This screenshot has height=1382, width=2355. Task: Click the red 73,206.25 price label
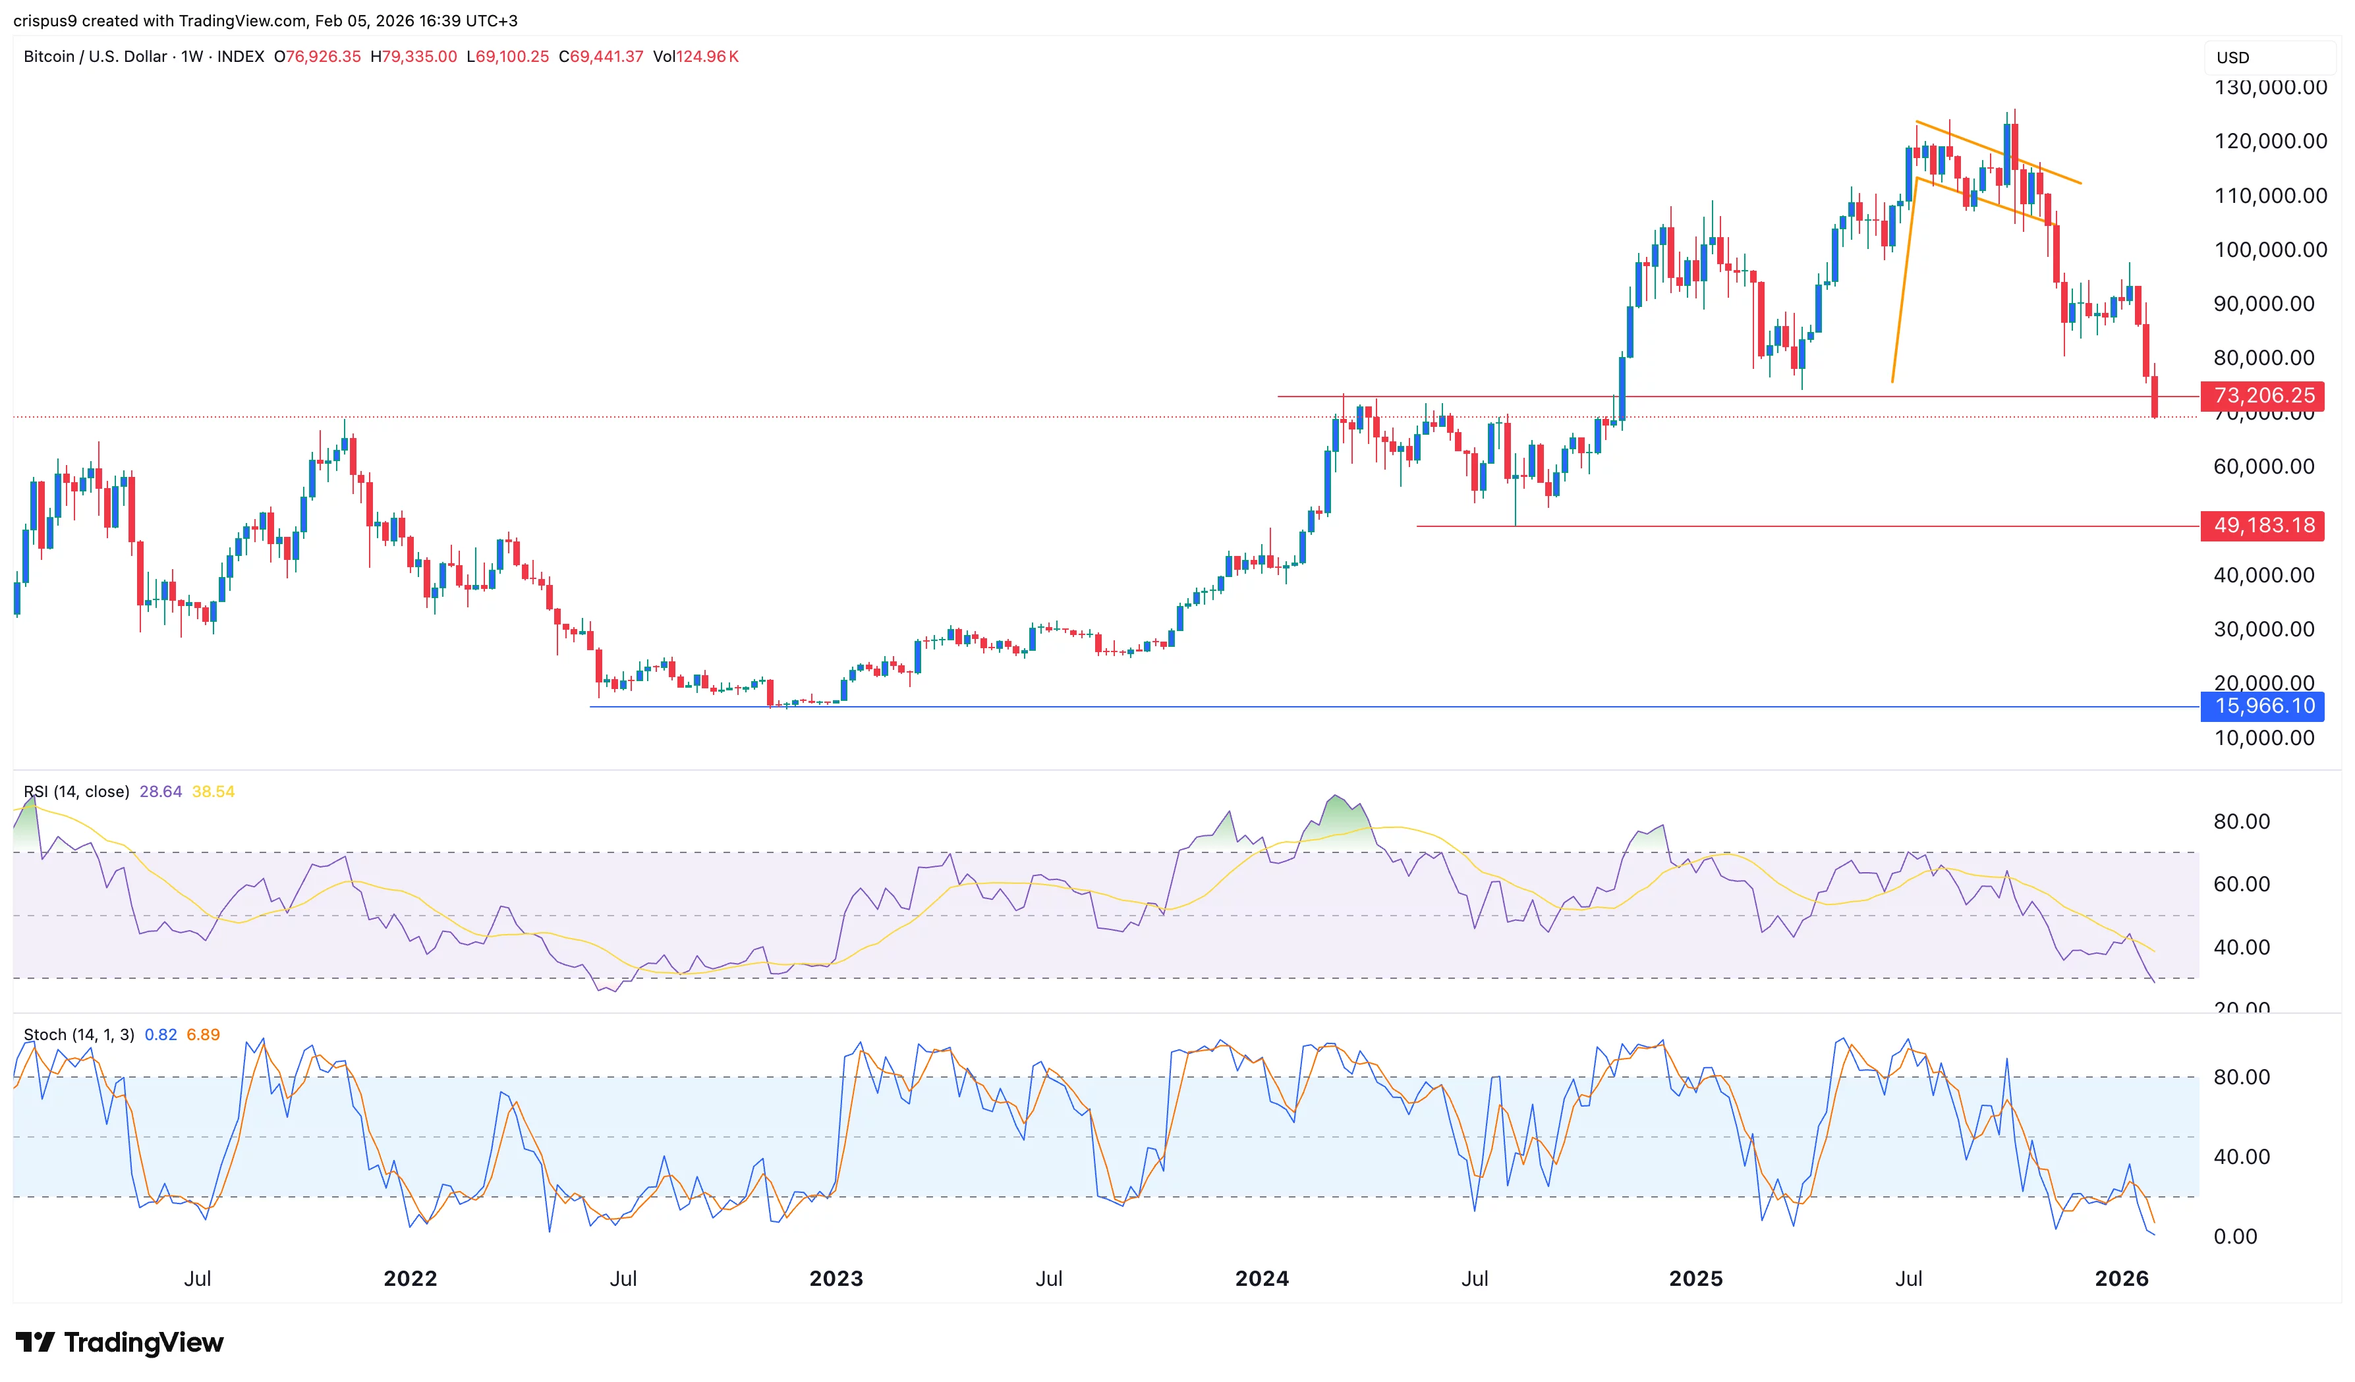[x=2263, y=396]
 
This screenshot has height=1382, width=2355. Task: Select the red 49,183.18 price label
[x=2263, y=526]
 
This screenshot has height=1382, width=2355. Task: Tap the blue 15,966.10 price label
[x=2263, y=706]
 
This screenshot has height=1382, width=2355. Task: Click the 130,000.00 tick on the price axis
[x=2270, y=88]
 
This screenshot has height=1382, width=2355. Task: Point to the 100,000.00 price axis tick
[x=2270, y=250]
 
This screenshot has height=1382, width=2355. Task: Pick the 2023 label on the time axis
[x=836, y=1279]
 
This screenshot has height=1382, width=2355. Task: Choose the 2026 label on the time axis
[x=2121, y=1279]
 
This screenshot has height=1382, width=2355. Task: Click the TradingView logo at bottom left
[x=120, y=1342]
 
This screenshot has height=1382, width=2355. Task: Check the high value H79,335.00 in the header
[x=414, y=57]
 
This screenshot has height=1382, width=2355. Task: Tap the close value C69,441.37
[x=601, y=57]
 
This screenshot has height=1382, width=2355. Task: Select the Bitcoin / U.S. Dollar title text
[x=96, y=57]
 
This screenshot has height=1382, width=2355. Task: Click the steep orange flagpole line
[x=1904, y=281]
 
